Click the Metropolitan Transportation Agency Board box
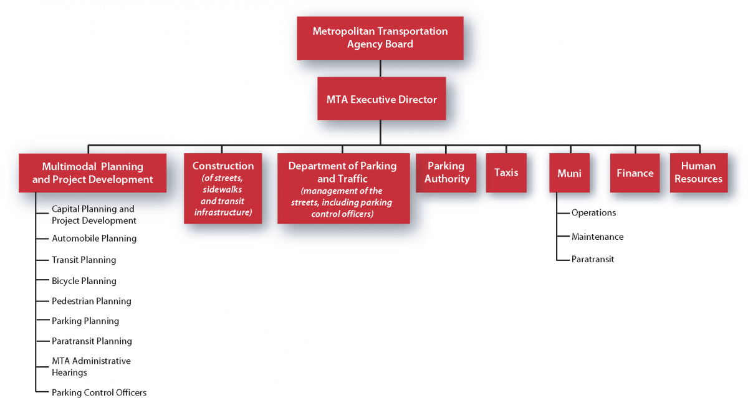[x=380, y=38]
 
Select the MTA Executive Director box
[x=381, y=99]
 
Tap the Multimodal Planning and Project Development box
[x=92, y=173]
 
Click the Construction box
[x=223, y=188]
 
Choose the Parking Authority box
[x=446, y=173]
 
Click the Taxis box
[x=506, y=173]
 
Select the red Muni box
[x=569, y=173]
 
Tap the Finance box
[x=635, y=173]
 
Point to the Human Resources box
[x=698, y=173]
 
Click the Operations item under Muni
[x=593, y=213]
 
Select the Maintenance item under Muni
[x=597, y=237]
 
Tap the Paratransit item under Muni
[x=592, y=259]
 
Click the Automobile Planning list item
[x=94, y=239]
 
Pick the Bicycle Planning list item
[x=84, y=281]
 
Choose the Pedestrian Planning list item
[x=92, y=301]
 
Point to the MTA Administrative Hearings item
[x=91, y=367]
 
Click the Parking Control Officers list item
[x=99, y=392]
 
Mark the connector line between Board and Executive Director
[x=380, y=69]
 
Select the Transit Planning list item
[x=84, y=260]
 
